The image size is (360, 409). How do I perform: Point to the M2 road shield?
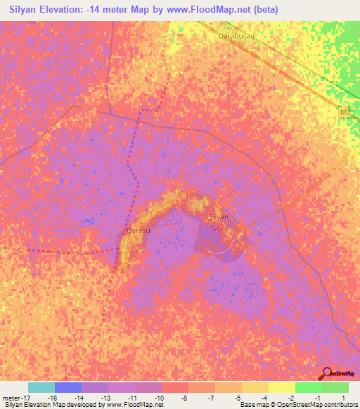tap(344, 112)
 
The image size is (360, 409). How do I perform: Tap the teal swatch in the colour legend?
tap(41, 387)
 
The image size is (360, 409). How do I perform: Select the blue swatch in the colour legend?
tap(68, 387)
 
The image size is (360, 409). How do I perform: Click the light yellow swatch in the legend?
tap(281, 387)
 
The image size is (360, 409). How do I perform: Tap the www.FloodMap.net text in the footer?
tap(134, 405)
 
